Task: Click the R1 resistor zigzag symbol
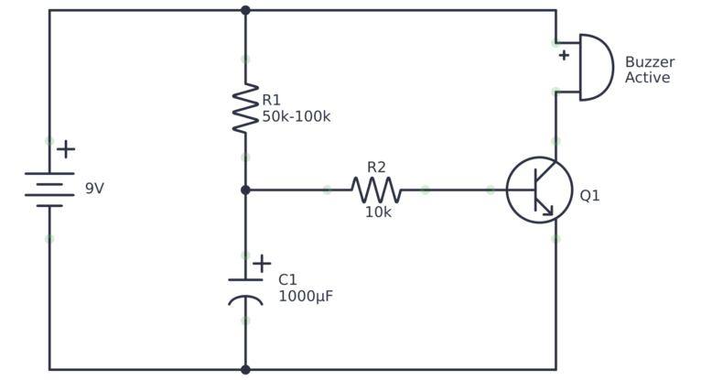coord(245,108)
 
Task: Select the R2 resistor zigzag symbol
coord(375,190)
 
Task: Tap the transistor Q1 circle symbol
coord(540,190)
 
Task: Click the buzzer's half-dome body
coord(595,67)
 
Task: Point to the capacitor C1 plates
coord(245,288)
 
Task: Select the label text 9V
coord(94,190)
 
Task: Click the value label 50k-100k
coord(297,116)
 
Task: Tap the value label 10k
coord(378,212)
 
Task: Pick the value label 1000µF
coord(306,297)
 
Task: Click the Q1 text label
coord(589,195)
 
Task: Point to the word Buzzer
coord(650,62)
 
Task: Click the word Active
coord(648,78)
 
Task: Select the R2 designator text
coord(376,168)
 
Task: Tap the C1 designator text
coord(288,279)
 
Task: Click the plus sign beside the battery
coord(66,148)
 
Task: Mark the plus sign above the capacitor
coord(262,263)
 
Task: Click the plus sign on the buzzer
coord(564,55)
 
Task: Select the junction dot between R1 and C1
coord(245,190)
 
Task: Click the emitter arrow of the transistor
coord(548,211)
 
